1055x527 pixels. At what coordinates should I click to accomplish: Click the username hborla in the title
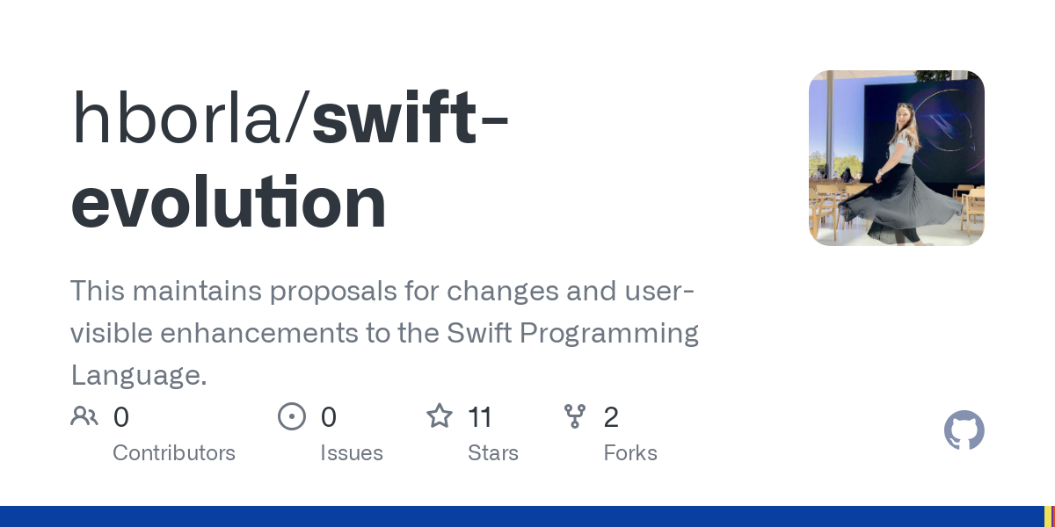pyautogui.click(x=176, y=117)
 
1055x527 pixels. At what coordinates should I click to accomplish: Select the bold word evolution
pyautogui.click(x=229, y=202)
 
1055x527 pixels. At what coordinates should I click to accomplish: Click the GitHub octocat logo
pyautogui.click(x=964, y=430)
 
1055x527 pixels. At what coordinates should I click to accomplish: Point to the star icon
pyautogui.click(x=440, y=416)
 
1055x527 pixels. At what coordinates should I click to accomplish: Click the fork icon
pyautogui.click(x=575, y=416)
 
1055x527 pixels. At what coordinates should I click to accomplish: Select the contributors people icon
pyautogui.click(x=84, y=416)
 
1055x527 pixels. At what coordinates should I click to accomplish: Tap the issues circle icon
pyautogui.click(x=292, y=416)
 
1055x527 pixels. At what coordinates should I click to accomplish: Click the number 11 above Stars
pyautogui.click(x=480, y=417)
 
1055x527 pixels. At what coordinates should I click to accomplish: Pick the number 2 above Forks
pyautogui.click(x=611, y=417)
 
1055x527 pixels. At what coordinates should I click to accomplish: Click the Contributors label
pyautogui.click(x=174, y=453)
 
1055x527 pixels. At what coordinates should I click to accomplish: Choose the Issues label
pyautogui.click(x=352, y=453)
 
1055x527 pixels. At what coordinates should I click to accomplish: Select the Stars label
pyautogui.click(x=493, y=453)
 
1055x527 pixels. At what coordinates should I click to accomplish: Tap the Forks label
pyautogui.click(x=630, y=453)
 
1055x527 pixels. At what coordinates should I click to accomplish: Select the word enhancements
pyautogui.click(x=259, y=333)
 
